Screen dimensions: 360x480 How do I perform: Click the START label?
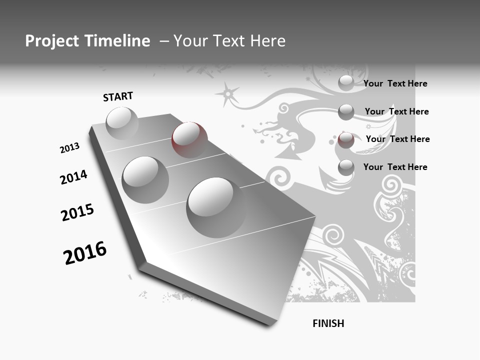[118, 96]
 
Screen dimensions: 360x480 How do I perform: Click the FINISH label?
[328, 323]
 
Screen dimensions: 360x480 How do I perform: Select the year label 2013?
[70, 147]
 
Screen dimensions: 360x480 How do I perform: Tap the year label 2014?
[73, 177]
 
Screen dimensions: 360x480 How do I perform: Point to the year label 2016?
[85, 253]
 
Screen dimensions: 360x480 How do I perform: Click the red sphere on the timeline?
[189, 139]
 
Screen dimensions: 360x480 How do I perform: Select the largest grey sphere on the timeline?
[216, 206]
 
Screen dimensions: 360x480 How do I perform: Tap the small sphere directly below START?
[122, 123]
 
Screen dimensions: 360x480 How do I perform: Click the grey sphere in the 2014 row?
[145, 179]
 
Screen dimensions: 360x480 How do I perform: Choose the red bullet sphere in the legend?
[346, 140]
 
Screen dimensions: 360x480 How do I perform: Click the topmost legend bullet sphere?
[346, 83]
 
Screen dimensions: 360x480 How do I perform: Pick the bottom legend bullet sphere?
[346, 167]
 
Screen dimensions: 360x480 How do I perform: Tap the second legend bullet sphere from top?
[346, 112]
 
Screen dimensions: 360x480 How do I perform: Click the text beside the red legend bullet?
[397, 139]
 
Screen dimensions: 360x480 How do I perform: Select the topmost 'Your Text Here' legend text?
[395, 83]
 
